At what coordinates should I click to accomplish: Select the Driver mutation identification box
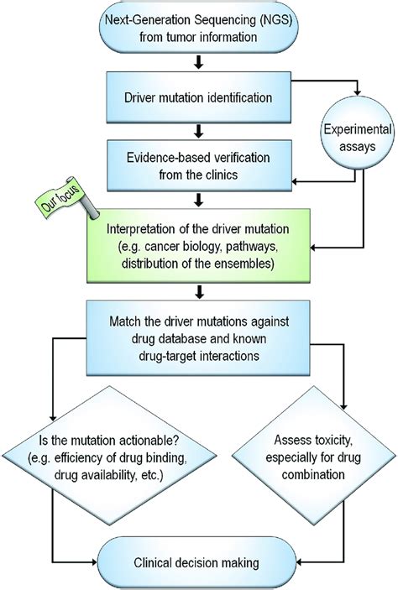click(x=199, y=94)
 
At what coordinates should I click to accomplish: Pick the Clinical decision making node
click(x=199, y=562)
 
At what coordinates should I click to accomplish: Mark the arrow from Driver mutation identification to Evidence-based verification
click(x=199, y=131)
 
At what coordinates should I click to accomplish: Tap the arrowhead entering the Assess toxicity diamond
click(x=345, y=411)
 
